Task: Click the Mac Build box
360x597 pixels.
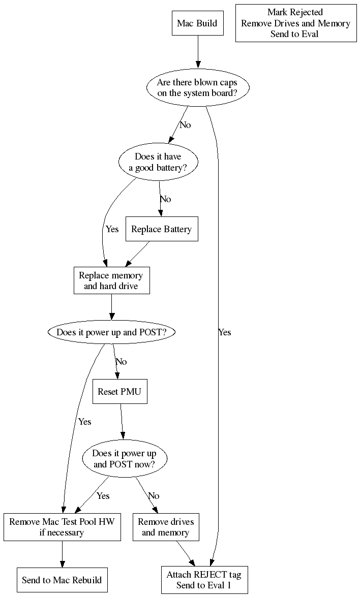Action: [197, 23]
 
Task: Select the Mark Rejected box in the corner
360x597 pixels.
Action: [295, 23]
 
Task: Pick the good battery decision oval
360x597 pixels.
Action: [158, 162]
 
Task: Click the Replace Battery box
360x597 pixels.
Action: [161, 230]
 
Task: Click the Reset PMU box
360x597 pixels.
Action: [119, 392]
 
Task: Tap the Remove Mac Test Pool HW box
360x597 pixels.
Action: [62, 527]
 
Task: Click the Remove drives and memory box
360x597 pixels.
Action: [165, 527]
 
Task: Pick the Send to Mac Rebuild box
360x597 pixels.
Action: [62, 580]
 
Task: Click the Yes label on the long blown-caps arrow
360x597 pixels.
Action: [224, 332]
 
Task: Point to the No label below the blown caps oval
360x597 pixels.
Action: [185, 125]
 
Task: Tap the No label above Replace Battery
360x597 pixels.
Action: [165, 199]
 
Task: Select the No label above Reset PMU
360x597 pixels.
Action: [121, 362]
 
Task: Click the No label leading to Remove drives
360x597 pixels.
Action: [153, 496]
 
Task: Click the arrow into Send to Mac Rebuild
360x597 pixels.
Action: [62, 554]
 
